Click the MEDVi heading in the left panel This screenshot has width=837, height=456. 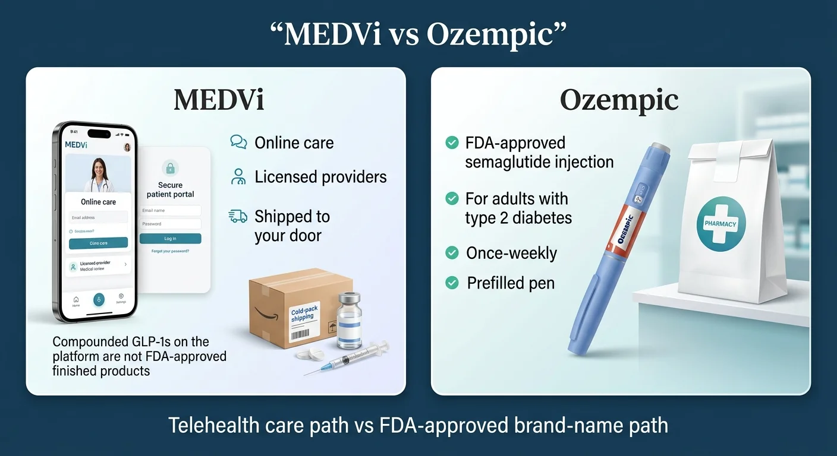[219, 100]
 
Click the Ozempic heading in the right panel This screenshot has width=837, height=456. [619, 100]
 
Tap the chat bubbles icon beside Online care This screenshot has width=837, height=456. [238, 142]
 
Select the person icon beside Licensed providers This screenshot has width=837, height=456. [238, 176]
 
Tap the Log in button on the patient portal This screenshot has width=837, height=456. [170, 239]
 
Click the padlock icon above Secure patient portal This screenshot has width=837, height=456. [170, 167]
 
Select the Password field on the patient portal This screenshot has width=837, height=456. [170, 224]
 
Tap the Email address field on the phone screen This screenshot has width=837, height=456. [98, 218]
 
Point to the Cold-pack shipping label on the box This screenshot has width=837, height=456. [303, 315]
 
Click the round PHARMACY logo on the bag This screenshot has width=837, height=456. [720, 224]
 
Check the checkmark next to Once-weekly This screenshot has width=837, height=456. [452, 253]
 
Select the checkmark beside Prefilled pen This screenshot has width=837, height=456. [452, 283]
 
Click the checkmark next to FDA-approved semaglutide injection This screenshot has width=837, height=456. [452, 142]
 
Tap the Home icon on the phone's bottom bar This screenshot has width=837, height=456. [76, 300]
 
